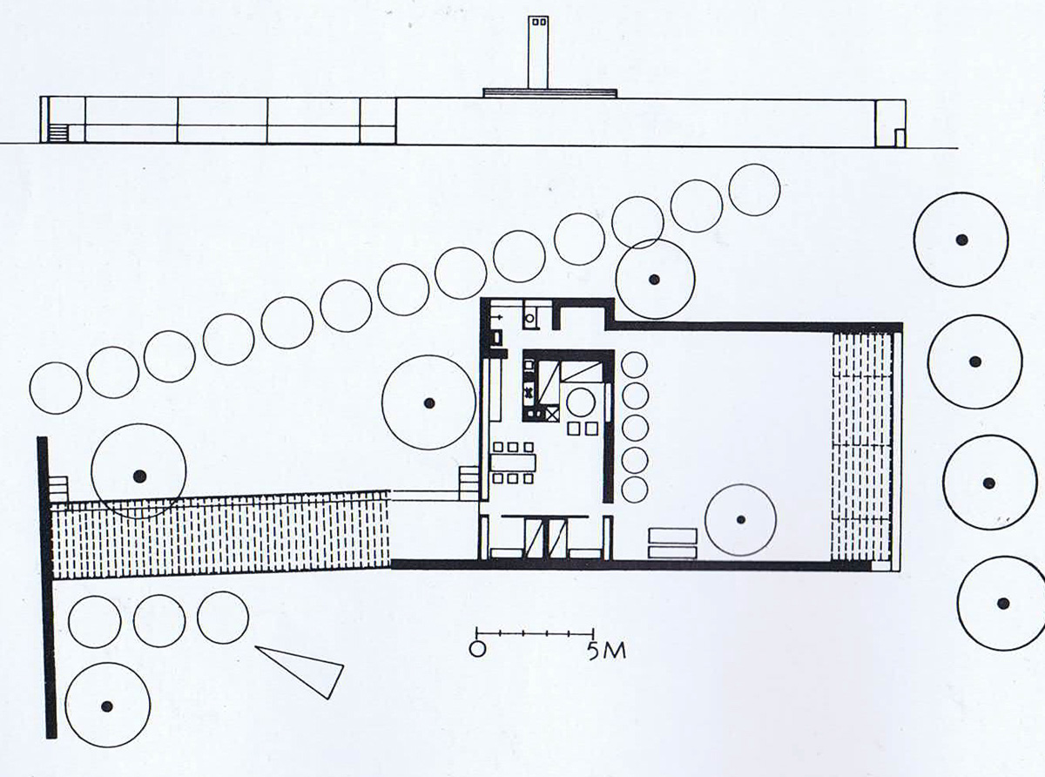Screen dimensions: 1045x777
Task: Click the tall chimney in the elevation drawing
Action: point(538,52)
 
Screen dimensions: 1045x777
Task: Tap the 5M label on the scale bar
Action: point(607,651)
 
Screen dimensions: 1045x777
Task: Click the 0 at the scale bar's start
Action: point(477,649)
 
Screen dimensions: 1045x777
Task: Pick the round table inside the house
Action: point(581,402)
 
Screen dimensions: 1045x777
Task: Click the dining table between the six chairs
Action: point(513,463)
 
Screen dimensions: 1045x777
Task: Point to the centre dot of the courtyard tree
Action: point(740,520)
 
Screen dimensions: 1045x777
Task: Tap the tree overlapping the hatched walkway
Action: point(139,471)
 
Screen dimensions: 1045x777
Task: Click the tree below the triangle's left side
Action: point(107,706)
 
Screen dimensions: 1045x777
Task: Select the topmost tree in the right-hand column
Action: point(961,240)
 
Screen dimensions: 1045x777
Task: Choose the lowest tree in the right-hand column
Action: point(1004,603)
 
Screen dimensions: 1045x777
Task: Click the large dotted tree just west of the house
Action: point(428,402)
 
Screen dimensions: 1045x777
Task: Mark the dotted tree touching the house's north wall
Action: point(654,280)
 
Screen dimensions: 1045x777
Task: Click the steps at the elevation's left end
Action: point(59,133)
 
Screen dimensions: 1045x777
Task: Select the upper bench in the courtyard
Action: point(672,536)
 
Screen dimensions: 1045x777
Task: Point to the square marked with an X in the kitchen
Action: point(553,415)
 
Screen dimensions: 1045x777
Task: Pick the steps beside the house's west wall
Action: point(469,483)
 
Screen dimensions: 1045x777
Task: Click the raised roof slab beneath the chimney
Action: point(549,93)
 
